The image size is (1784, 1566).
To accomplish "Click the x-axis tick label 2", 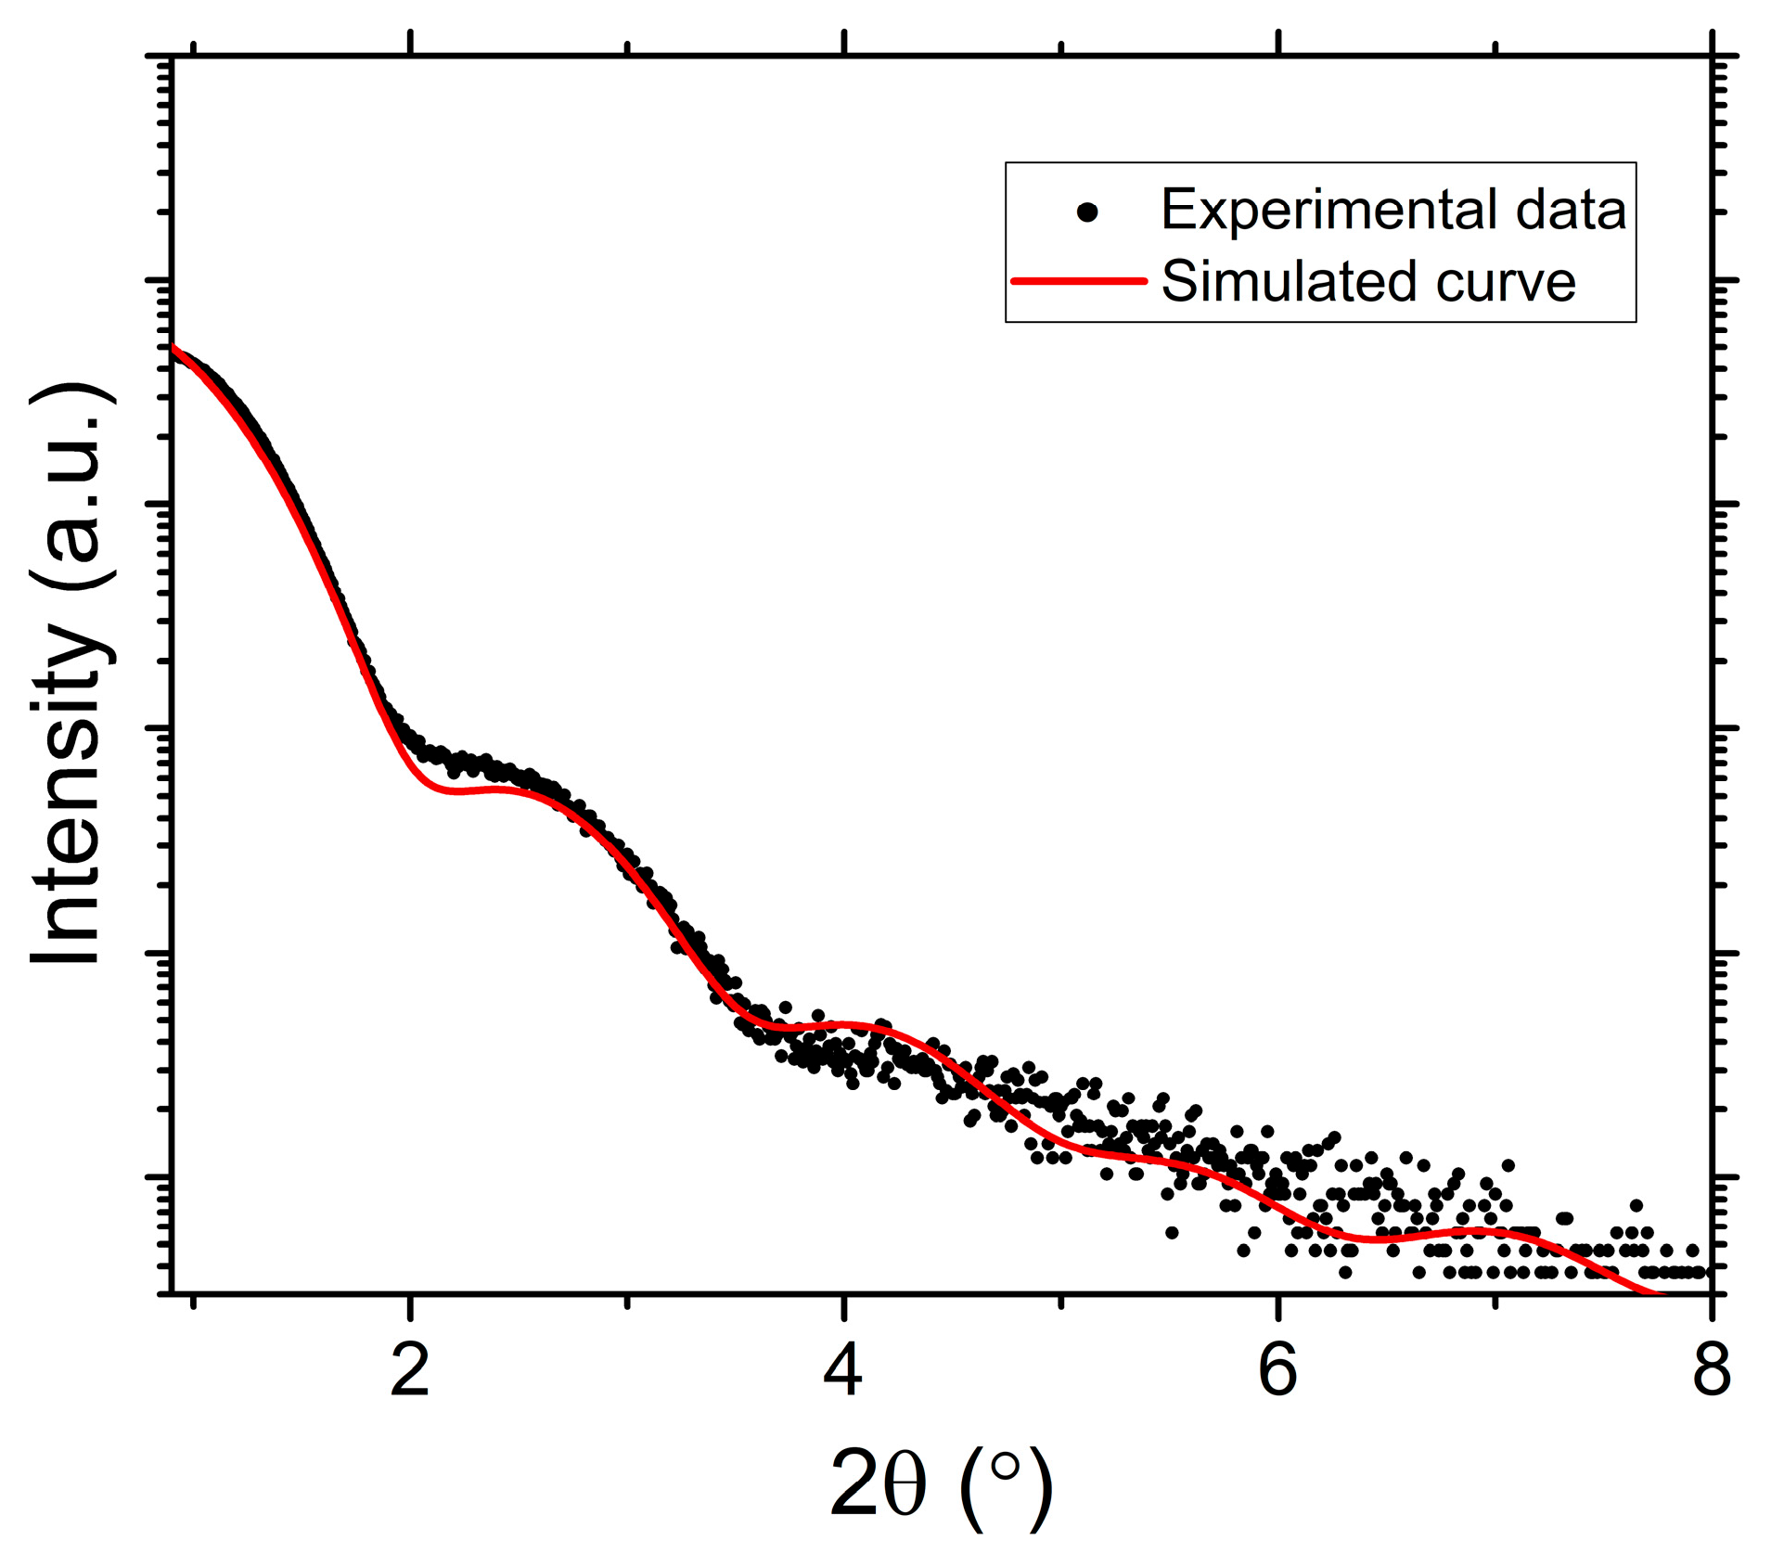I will (409, 1371).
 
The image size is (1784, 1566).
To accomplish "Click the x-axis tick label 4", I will (843, 1371).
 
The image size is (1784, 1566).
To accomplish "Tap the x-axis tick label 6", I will (1277, 1371).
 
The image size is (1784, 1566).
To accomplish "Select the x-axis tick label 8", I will (1712, 1371).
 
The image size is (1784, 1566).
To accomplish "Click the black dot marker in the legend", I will (1087, 212).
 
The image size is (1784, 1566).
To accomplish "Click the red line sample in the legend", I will (1079, 280).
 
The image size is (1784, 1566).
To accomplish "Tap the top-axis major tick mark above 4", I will (844, 43).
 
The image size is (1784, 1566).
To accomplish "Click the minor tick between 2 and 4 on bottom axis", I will (627, 1302).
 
